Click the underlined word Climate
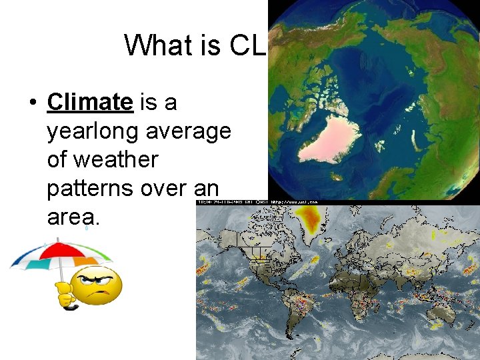(x=90, y=102)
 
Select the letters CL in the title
(x=249, y=45)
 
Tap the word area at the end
(x=73, y=217)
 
